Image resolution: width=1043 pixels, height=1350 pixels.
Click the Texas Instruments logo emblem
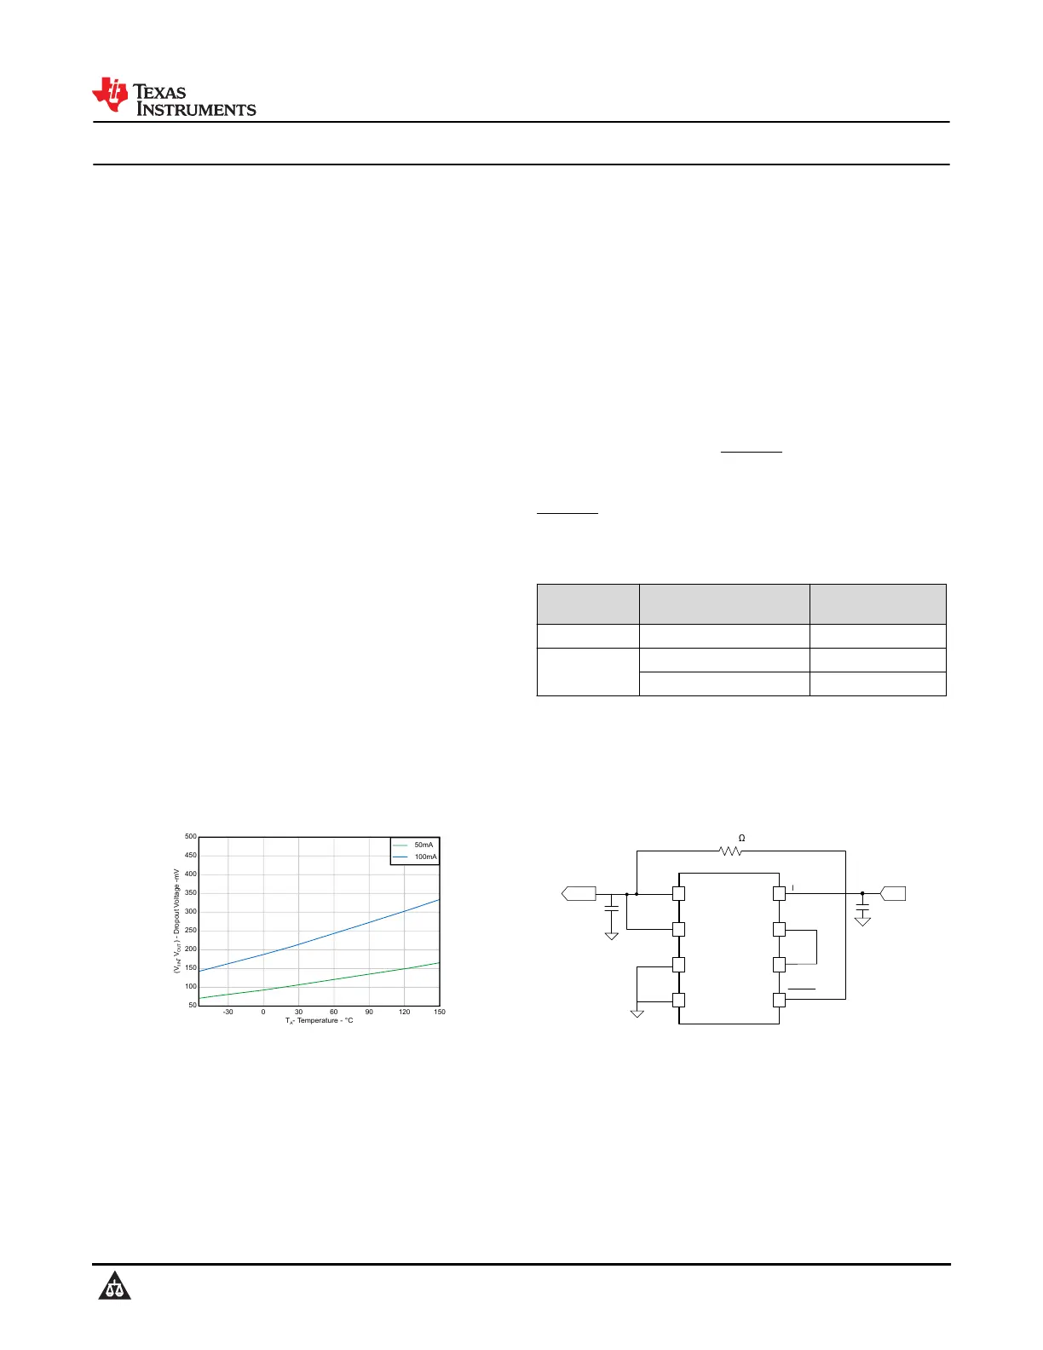[110, 95]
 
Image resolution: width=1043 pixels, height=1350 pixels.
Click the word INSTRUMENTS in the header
[196, 110]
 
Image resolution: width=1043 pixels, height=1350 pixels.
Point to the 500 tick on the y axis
[190, 837]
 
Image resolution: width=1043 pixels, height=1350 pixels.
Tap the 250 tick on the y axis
[190, 931]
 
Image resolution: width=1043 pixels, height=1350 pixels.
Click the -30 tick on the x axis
[228, 1012]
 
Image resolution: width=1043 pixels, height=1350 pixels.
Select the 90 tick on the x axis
[369, 1012]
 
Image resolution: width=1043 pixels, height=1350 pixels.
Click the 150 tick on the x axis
[440, 1012]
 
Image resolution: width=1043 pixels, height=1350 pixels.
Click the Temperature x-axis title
[320, 1021]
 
